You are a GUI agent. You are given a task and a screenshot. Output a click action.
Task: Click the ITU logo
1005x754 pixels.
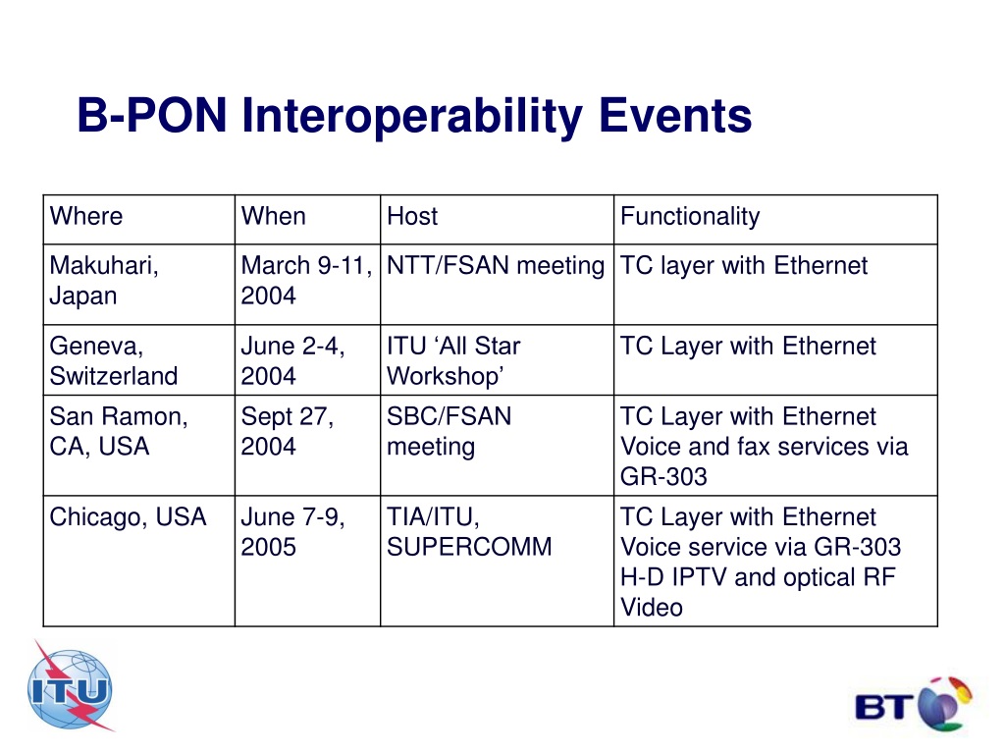click(71, 687)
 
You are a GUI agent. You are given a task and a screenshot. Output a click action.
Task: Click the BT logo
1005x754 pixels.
click(914, 705)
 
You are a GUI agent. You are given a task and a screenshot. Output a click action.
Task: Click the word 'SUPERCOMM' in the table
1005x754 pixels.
click(469, 547)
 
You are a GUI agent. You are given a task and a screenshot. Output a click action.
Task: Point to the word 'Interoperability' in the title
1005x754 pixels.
click(412, 117)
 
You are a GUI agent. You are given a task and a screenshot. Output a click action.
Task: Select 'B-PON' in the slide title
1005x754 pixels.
click(152, 116)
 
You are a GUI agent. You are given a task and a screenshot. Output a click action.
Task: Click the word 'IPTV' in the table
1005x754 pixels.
click(699, 577)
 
